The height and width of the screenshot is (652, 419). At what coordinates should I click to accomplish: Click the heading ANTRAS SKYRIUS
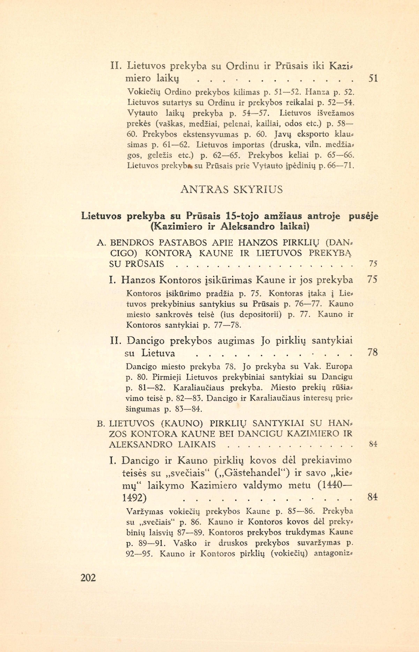tap(231, 189)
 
